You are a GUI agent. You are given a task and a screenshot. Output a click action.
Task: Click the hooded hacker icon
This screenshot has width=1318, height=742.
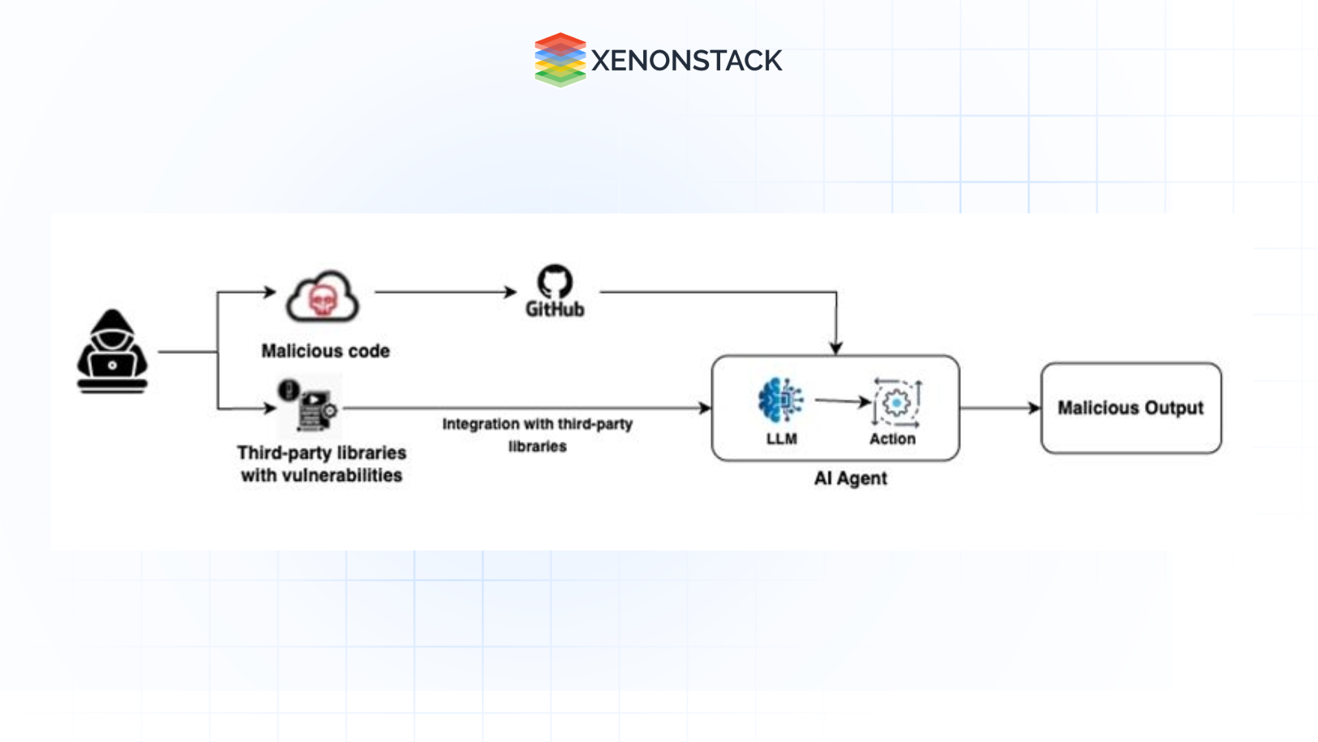[112, 351]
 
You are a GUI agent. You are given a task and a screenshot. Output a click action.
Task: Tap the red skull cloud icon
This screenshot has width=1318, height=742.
[323, 297]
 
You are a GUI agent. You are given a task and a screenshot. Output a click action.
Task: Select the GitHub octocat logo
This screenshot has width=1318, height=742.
[555, 282]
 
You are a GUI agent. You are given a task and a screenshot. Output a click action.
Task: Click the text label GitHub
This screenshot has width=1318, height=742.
[555, 310]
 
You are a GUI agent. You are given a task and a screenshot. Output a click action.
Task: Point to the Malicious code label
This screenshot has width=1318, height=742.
[325, 351]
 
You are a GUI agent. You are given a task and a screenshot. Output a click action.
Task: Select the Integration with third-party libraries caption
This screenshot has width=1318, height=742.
[537, 434]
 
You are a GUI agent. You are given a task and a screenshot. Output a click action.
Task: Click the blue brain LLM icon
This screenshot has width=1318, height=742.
[781, 400]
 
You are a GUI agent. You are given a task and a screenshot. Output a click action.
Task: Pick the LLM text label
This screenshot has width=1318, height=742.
[781, 439]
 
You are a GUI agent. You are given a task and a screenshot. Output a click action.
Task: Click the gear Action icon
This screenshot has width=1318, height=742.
[896, 403]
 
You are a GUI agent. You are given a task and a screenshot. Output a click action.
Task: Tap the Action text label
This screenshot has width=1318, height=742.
[892, 439]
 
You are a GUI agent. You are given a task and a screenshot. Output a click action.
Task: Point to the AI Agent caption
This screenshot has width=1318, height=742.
[850, 478]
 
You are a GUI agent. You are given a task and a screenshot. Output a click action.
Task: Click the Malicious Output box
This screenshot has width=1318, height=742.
[1131, 408]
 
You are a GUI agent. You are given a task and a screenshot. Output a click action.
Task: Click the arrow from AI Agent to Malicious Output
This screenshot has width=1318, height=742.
[999, 408]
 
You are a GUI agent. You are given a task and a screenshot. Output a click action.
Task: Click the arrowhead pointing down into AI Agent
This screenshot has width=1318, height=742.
[836, 348]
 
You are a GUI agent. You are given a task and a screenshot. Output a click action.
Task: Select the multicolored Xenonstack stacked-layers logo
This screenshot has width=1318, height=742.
[559, 60]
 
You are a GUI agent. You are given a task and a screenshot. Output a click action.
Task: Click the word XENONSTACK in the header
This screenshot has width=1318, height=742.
[686, 60]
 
